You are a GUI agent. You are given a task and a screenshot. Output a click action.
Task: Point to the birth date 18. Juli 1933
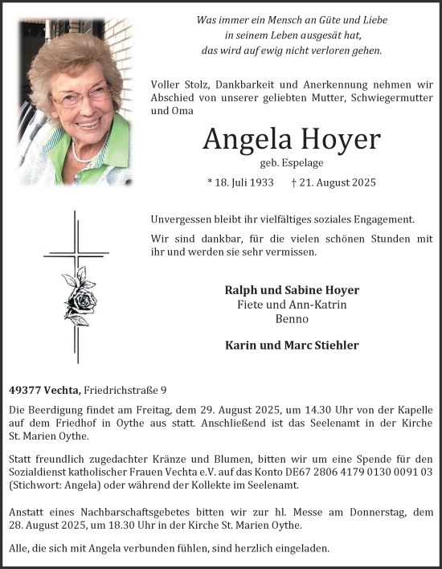coord(242,182)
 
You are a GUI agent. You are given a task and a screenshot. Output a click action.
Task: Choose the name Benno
coord(292,319)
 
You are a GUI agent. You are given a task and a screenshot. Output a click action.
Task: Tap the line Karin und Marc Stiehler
coord(292,346)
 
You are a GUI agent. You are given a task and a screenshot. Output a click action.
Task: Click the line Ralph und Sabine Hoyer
coord(292,290)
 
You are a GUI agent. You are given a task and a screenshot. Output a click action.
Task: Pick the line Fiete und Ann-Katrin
coord(292,305)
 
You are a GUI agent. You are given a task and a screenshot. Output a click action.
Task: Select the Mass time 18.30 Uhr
coord(125,525)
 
